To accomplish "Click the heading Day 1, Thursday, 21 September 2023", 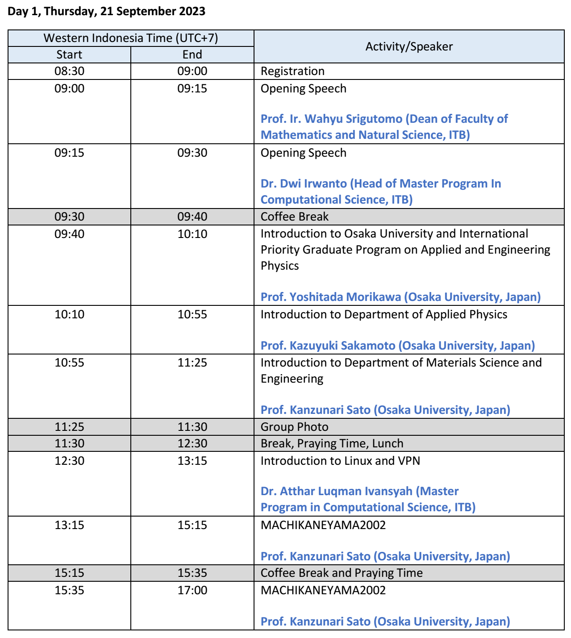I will tap(106, 12).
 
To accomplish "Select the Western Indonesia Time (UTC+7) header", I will tap(131, 38).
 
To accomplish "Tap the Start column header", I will tap(69, 54).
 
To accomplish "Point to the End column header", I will tap(192, 54).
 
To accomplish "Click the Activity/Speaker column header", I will tap(409, 46).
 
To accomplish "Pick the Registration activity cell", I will tap(292, 71).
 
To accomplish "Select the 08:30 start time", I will tap(69, 71).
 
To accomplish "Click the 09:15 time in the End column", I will tap(192, 88).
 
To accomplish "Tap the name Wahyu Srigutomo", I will tap(353, 119).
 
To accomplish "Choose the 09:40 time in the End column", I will tap(192, 217).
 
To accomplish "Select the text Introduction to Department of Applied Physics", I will tap(383, 314).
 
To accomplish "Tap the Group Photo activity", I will tap(294, 427).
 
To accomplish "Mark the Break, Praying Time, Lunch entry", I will tap(332, 443).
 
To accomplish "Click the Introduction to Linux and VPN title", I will tap(340, 461).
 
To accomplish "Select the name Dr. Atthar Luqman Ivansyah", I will tap(336, 491).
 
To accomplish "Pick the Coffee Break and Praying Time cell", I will tap(342, 573).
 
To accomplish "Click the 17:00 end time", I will tap(192, 590).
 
